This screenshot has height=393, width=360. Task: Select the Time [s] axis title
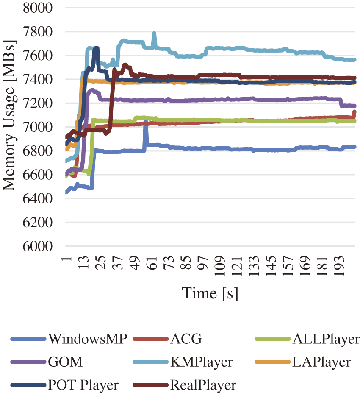tap(210, 293)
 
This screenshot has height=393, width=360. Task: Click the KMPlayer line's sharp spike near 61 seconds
tap(154, 33)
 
